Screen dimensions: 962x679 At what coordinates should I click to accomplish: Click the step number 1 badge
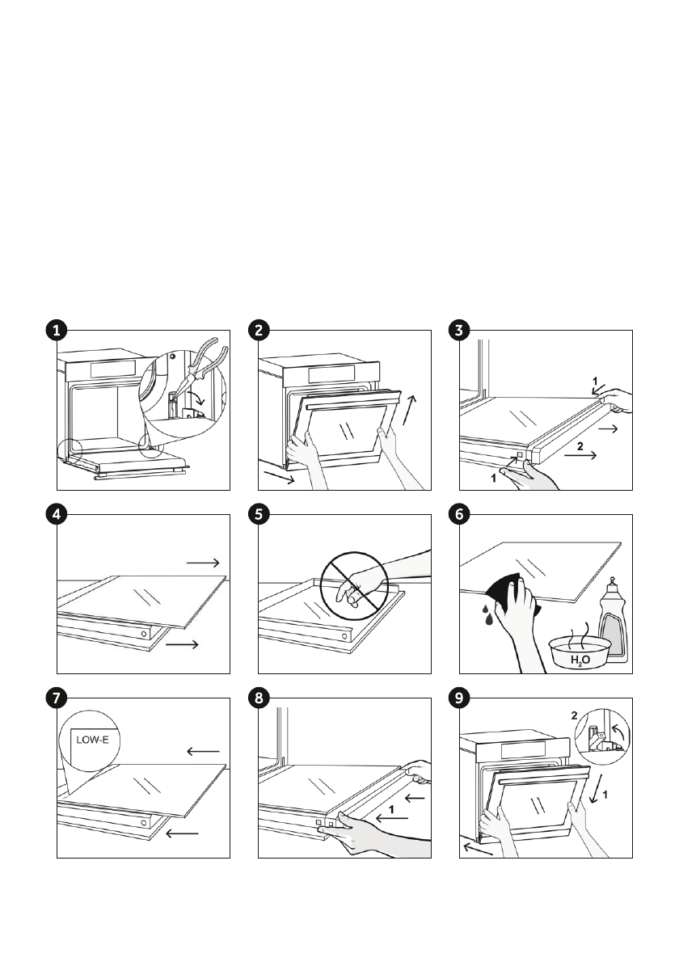coord(55,330)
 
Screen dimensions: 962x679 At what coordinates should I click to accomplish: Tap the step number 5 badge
coord(257,514)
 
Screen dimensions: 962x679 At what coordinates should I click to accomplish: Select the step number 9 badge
coord(458,698)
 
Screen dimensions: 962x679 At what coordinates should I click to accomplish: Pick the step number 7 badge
coord(55,698)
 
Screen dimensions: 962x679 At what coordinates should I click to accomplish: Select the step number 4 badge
coord(55,514)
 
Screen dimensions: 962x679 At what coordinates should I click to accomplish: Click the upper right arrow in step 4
coord(202,561)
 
